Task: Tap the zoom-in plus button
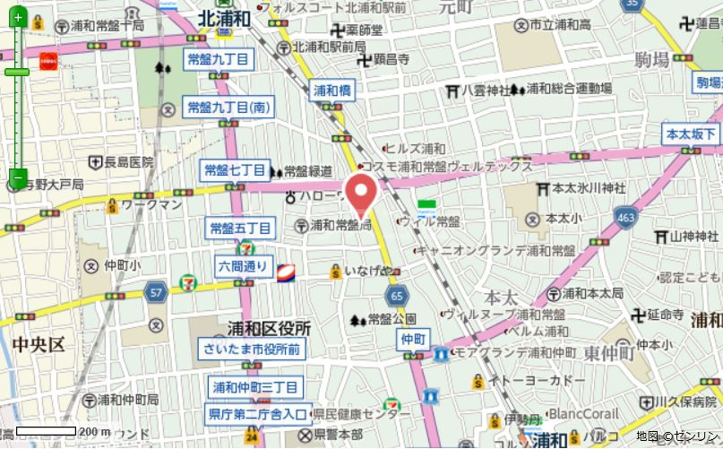17,17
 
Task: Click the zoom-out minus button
17,177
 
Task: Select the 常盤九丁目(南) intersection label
228,107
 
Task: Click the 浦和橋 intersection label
332,90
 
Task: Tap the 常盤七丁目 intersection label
235,169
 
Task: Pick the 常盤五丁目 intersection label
239,229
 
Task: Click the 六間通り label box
243,265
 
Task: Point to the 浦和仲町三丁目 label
254,388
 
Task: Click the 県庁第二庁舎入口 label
258,413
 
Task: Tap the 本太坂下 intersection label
691,134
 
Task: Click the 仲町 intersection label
412,339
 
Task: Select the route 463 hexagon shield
626,217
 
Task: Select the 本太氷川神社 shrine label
587,189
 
